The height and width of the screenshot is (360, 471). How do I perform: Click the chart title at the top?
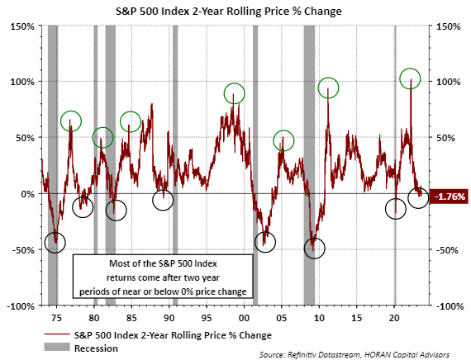pyautogui.click(x=235, y=10)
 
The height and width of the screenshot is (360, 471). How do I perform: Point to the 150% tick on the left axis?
pyautogui.click(x=22, y=26)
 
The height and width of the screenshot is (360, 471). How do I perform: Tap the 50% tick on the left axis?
pyautogui.click(x=25, y=138)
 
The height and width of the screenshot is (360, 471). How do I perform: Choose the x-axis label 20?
pyautogui.click(x=394, y=317)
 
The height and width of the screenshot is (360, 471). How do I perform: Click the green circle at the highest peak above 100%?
pyautogui.click(x=411, y=78)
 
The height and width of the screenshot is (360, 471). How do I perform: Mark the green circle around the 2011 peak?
pyautogui.click(x=329, y=87)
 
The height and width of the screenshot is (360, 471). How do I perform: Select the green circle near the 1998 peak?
pyautogui.click(x=235, y=93)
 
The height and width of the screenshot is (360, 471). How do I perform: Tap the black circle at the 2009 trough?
pyautogui.click(x=315, y=247)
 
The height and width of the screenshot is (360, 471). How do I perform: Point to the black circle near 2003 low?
pyautogui.click(x=265, y=241)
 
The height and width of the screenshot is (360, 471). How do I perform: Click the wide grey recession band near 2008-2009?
pyautogui.click(x=310, y=165)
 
